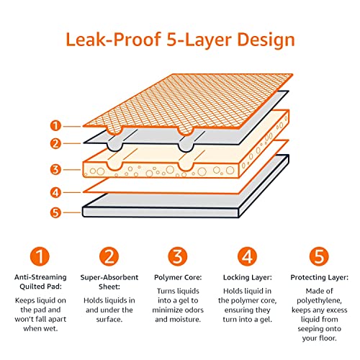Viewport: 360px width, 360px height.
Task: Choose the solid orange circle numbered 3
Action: [x=179, y=256]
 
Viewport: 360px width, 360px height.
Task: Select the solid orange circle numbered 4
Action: [x=248, y=256]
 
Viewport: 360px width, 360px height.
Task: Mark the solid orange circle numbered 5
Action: [x=318, y=256]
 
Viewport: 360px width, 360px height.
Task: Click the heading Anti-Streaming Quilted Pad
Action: [x=41, y=282]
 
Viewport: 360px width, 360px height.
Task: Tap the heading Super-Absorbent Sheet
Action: [x=108, y=282]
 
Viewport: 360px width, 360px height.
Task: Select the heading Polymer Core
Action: [x=179, y=276]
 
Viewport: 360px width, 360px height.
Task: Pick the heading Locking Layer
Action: [x=248, y=276]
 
